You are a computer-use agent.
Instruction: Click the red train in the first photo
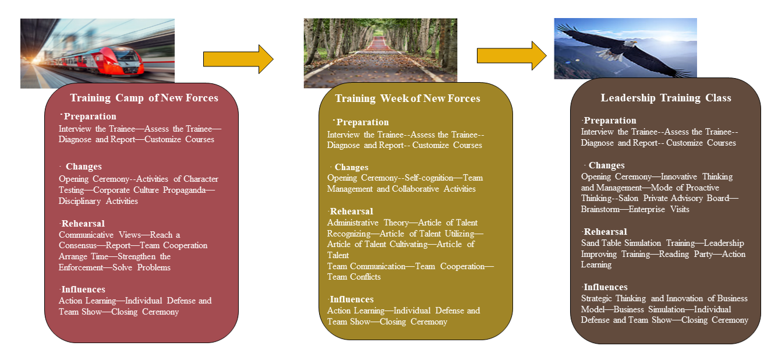[104, 62]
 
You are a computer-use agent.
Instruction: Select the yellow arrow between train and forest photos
[238, 59]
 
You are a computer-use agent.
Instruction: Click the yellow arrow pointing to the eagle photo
[512, 55]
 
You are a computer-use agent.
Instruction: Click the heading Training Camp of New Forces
[144, 98]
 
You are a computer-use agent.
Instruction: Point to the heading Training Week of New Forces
[408, 98]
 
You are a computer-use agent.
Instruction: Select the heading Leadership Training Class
[666, 98]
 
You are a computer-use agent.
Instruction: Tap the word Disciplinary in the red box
[80, 201]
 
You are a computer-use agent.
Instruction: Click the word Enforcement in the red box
[80, 267]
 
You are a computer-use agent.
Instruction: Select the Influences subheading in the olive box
[352, 299]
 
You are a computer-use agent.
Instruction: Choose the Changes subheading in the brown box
[606, 165]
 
